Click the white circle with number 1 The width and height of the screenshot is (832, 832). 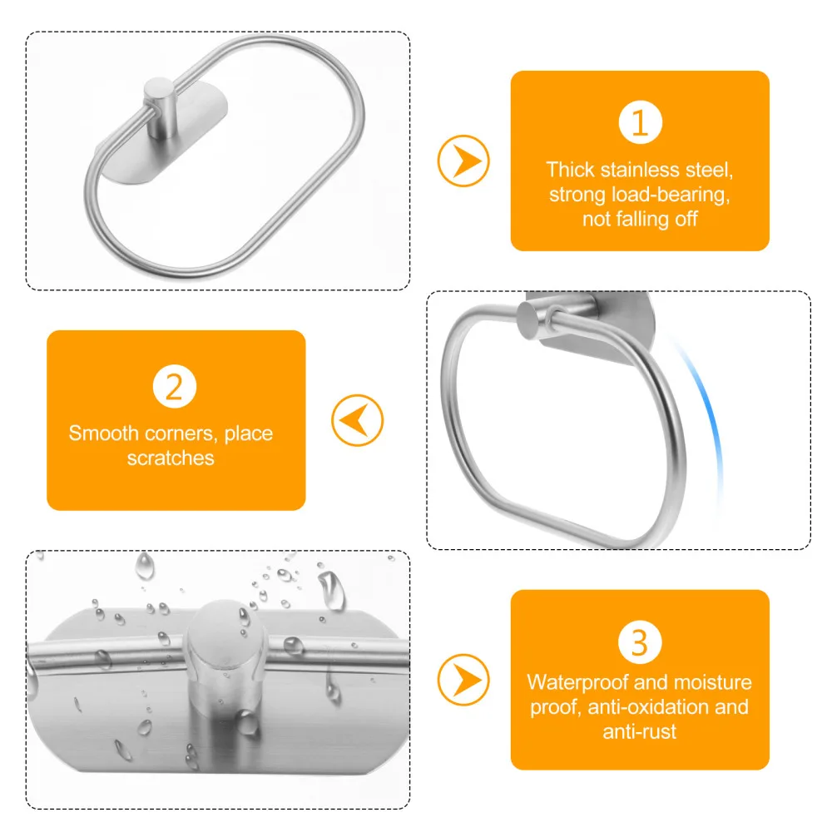(640, 123)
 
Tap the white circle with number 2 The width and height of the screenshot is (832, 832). (175, 388)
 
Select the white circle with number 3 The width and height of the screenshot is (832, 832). (640, 642)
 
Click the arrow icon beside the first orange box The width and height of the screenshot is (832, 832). (463, 160)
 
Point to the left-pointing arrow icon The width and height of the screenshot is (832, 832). (357, 420)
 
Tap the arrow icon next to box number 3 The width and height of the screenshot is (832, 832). (463, 676)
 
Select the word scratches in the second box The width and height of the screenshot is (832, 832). (171, 458)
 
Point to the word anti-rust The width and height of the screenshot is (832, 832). (639, 732)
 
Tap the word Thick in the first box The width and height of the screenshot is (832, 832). (570, 170)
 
